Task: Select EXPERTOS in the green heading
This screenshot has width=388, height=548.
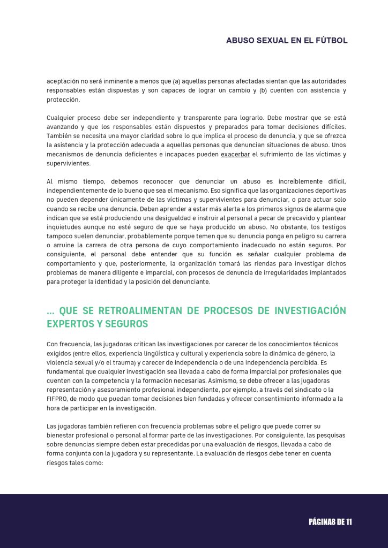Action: (x=66, y=324)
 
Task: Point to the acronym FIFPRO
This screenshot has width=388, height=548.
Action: (x=58, y=399)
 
